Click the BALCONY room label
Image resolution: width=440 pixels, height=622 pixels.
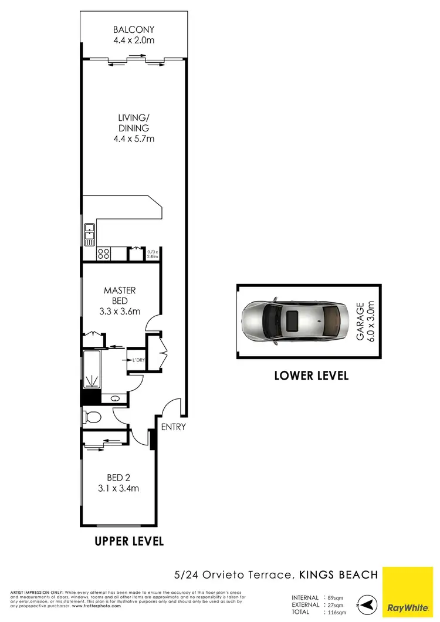tap(135, 30)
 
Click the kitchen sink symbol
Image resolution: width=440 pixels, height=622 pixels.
tap(89, 234)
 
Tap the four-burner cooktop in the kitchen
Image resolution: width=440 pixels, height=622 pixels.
tap(104, 254)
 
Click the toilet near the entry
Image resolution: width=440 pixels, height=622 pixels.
tap(92, 418)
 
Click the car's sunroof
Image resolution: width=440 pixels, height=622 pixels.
tap(292, 322)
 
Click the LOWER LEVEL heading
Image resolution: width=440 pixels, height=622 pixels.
tap(311, 376)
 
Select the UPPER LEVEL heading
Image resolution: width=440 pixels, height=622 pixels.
tap(129, 540)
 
